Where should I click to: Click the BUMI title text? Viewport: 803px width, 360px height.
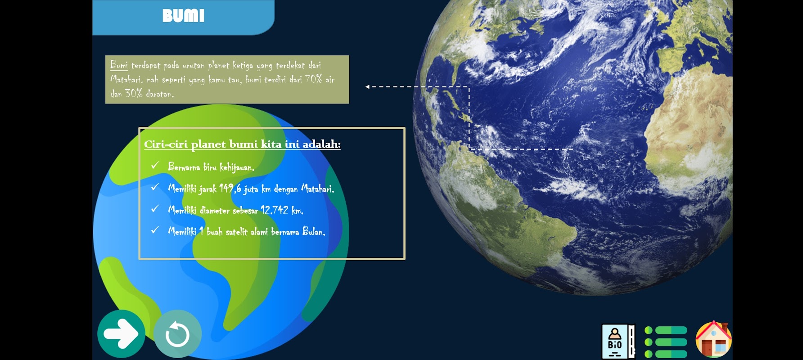point(183,16)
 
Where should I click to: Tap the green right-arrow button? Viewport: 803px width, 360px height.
point(121,334)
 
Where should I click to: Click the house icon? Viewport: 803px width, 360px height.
point(714,340)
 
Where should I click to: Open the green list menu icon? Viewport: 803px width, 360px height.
point(666,342)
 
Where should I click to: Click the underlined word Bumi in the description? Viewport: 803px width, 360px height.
point(119,65)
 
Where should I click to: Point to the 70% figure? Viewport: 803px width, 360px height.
point(314,79)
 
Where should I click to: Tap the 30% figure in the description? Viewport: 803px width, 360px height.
point(134,93)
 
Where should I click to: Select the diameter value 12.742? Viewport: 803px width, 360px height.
point(274,210)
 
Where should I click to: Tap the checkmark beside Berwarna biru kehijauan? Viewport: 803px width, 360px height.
point(155,165)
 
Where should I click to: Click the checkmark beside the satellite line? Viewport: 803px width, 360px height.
point(155,230)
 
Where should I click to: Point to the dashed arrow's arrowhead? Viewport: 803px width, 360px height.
point(367,87)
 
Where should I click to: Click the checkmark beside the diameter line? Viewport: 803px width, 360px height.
point(155,208)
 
